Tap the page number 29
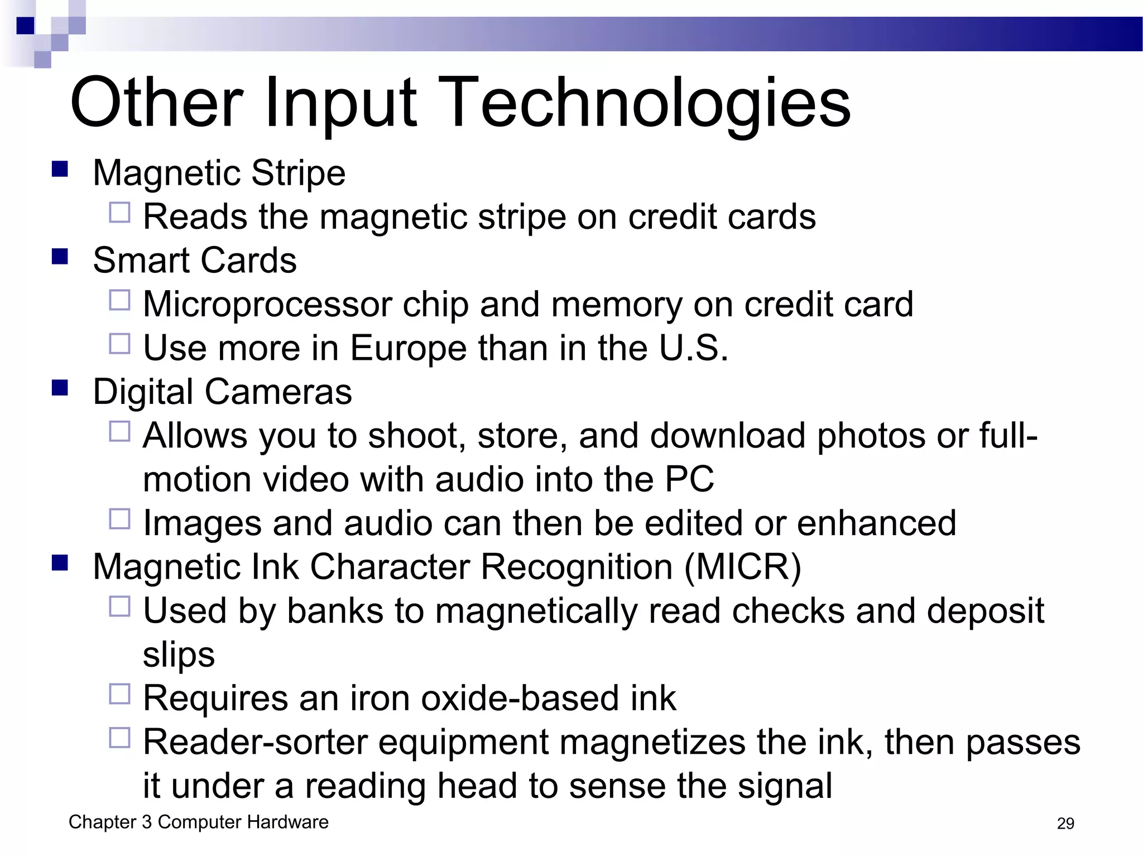(1065, 824)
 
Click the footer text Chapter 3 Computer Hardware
(198, 822)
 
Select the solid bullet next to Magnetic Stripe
(59, 169)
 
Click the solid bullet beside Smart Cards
(59, 257)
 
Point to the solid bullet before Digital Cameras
(59, 388)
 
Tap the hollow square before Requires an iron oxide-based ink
(119, 694)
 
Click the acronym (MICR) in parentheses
(742, 567)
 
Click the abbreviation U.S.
(693, 348)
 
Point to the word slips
(179, 655)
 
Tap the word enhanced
(876, 523)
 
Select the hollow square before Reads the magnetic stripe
(119, 213)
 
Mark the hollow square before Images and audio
(119, 519)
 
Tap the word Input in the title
(340, 104)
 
